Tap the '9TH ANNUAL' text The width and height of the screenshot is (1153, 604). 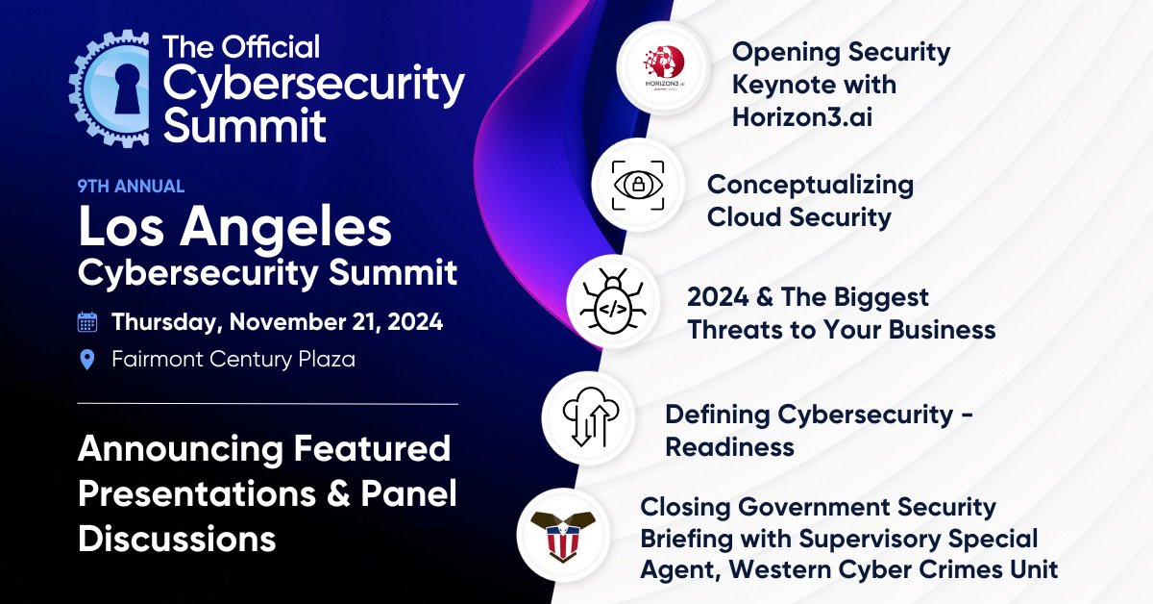click(x=131, y=187)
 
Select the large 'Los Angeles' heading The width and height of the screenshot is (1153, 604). click(x=234, y=228)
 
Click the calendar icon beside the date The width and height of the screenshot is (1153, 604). click(x=87, y=322)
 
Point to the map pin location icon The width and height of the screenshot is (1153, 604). click(x=87, y=360)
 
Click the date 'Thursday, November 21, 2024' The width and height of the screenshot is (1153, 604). click(x=277, y=322)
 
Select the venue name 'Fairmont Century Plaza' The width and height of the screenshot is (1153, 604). click(x=233, y=360)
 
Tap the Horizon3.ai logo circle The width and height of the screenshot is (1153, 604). click(x=663, y=68)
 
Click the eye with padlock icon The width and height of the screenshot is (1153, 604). click(x=637, y=187)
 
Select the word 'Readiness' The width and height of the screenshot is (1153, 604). click(x=729, y=446)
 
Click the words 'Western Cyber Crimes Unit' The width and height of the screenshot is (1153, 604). click(x=894, y=568)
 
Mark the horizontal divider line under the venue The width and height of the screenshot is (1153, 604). click(x=267, y=404)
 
